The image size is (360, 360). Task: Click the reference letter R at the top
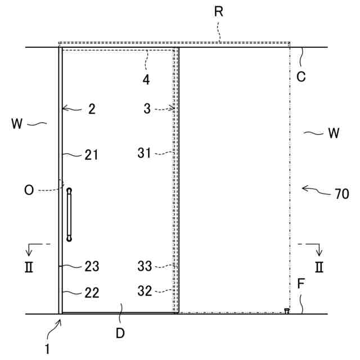click(x=219, y=11)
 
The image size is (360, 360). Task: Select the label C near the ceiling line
click(x=301, y=77)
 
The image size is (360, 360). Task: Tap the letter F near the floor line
click(x=301, y=283)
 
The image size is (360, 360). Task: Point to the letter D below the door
click(x=120, y=333)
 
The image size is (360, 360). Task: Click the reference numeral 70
click(x=341, y=195)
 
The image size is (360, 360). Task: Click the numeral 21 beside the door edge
click(x=91, y=155)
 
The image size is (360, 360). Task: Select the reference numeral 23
click(x=92, y=265)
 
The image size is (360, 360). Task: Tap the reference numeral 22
click(x=92, y=292)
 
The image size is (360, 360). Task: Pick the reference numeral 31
click(x=145, y=152)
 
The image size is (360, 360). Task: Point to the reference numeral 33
click(x=145, y=265)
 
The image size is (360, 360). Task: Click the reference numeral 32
click(x=145, y=291)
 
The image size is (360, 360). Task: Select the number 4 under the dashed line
click(x=146, y=80)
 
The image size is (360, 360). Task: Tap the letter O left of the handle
click(x=29, y=191)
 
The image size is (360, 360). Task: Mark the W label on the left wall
click(x=17, y=123)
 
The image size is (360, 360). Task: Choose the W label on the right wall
click(x=333, y=133)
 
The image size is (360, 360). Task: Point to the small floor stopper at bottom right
click(x=287, y=310)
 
